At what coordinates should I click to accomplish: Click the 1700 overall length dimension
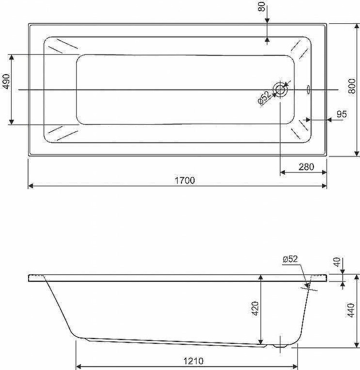point(184,180)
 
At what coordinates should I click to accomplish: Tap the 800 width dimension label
point(352,86)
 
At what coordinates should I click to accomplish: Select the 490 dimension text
point(6,81)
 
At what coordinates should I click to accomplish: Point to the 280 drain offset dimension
point(306,167)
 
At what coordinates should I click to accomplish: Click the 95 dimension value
point(342,114)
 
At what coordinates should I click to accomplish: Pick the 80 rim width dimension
point(262,7)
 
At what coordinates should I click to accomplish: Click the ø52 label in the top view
point(263,97)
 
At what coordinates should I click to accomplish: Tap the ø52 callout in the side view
point(290,259)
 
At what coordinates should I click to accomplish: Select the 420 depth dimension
point(255,308)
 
